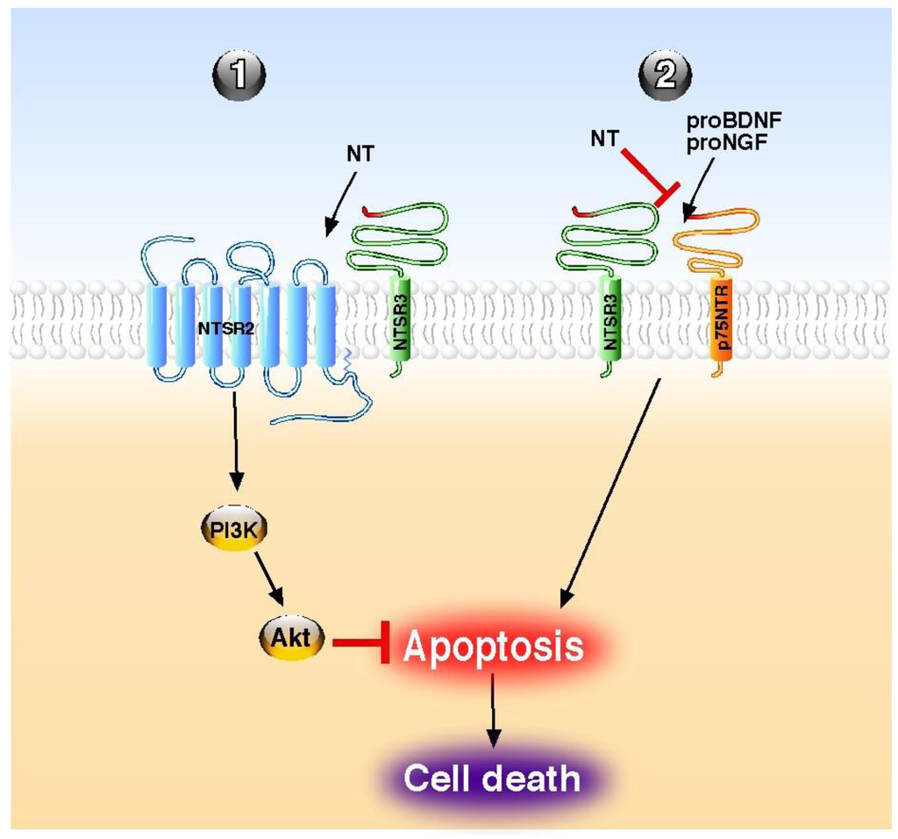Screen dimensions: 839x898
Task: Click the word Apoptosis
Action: [x=493, y=647]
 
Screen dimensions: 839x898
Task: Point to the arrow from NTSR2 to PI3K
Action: [x=235, y=442]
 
